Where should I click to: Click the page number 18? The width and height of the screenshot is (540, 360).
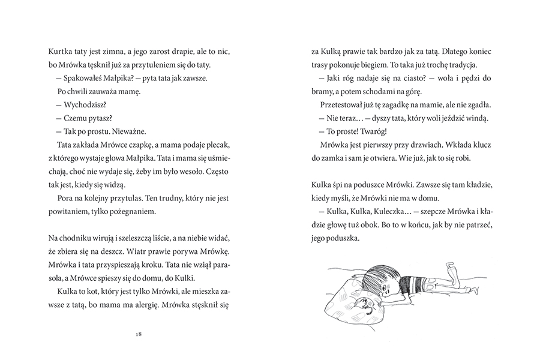(139, 333)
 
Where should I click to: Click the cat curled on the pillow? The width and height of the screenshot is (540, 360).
(365, 307)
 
